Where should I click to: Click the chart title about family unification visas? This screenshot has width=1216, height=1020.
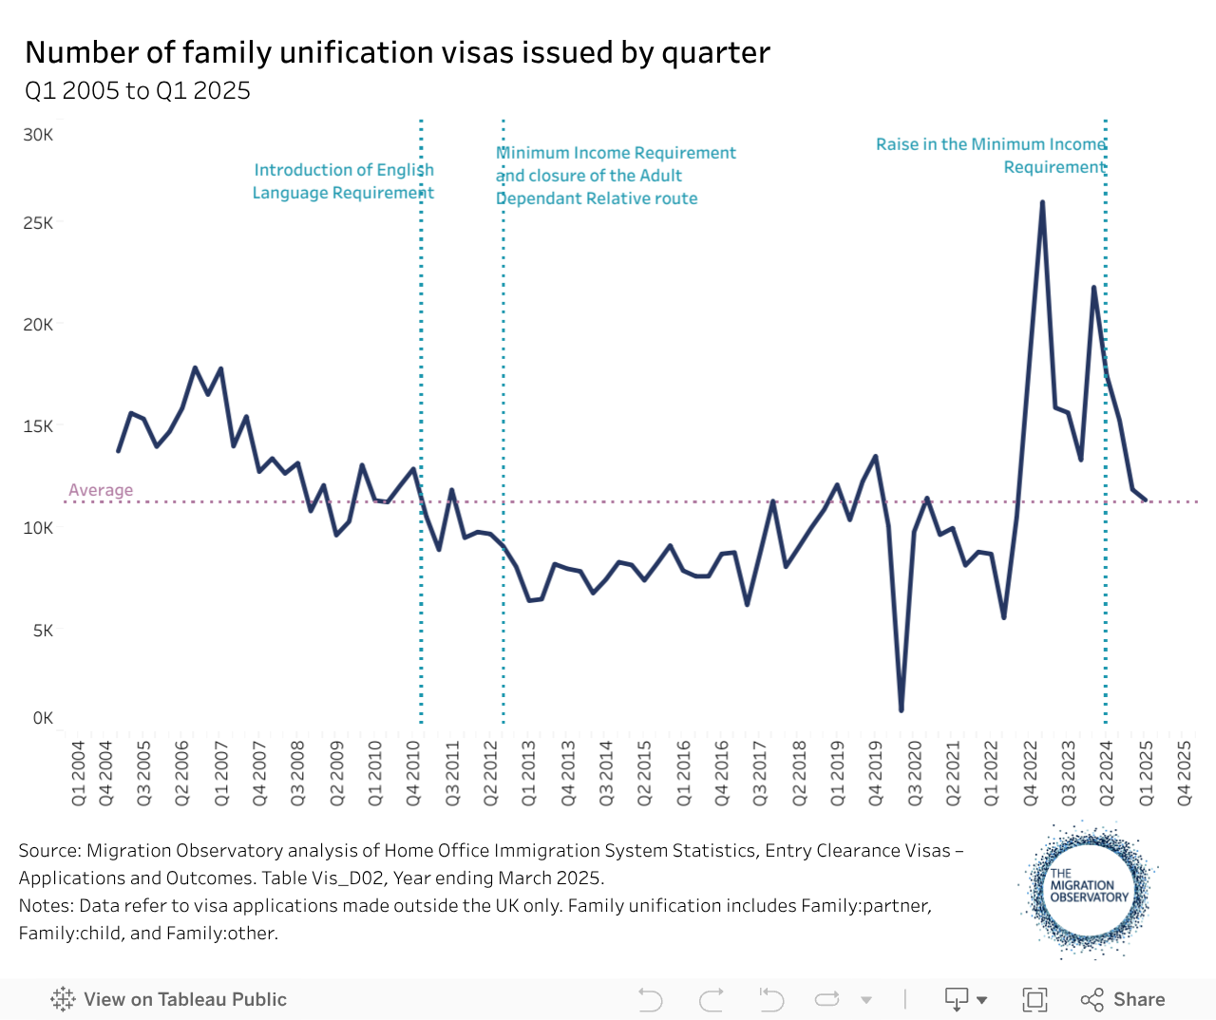pyautogui.click(x=397, y=52)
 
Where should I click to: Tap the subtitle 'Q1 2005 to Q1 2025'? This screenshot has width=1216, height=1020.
pyautogui.click(x=138, y=90)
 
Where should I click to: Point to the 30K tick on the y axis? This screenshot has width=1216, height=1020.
pyautogui.click(x=39, y=135)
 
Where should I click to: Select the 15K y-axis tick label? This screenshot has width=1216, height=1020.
pyautogui.click(x=39, y=426)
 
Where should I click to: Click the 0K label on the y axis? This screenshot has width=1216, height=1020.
pyautogui.click(x=44, y=718)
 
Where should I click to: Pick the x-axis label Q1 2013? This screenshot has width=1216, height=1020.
pyautogui.click(x=529, y=773)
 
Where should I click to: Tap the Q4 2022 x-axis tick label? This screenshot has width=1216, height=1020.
pyautogui.click(x=1030, y=773)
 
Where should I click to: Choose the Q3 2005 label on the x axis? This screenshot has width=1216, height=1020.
pyautogui.click(x=144, y=773)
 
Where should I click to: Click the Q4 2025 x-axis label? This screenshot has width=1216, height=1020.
pyautogui.click(x=1185, y=773)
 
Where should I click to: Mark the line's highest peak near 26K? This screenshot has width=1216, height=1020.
pyautogui.click(x=1042, y=202)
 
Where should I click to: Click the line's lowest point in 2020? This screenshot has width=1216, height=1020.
pyautogui.click(x=901, y=709)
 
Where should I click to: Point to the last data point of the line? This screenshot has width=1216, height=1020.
pyautogui.click(x=1146, y=500)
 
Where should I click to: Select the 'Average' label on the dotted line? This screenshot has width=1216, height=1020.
pyautogui.click(x=101, y=490)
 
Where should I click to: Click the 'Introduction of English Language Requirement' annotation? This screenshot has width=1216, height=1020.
pyautogui.click(x=343, y=181)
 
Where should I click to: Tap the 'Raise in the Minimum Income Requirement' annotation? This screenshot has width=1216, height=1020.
pyautogui.click(x=991, y=156)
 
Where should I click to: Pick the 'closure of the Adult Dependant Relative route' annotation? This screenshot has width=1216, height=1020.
pyautogui.click(x=597, y=187)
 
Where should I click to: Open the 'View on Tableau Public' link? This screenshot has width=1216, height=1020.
pyautogui.click(x=169, y=999)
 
